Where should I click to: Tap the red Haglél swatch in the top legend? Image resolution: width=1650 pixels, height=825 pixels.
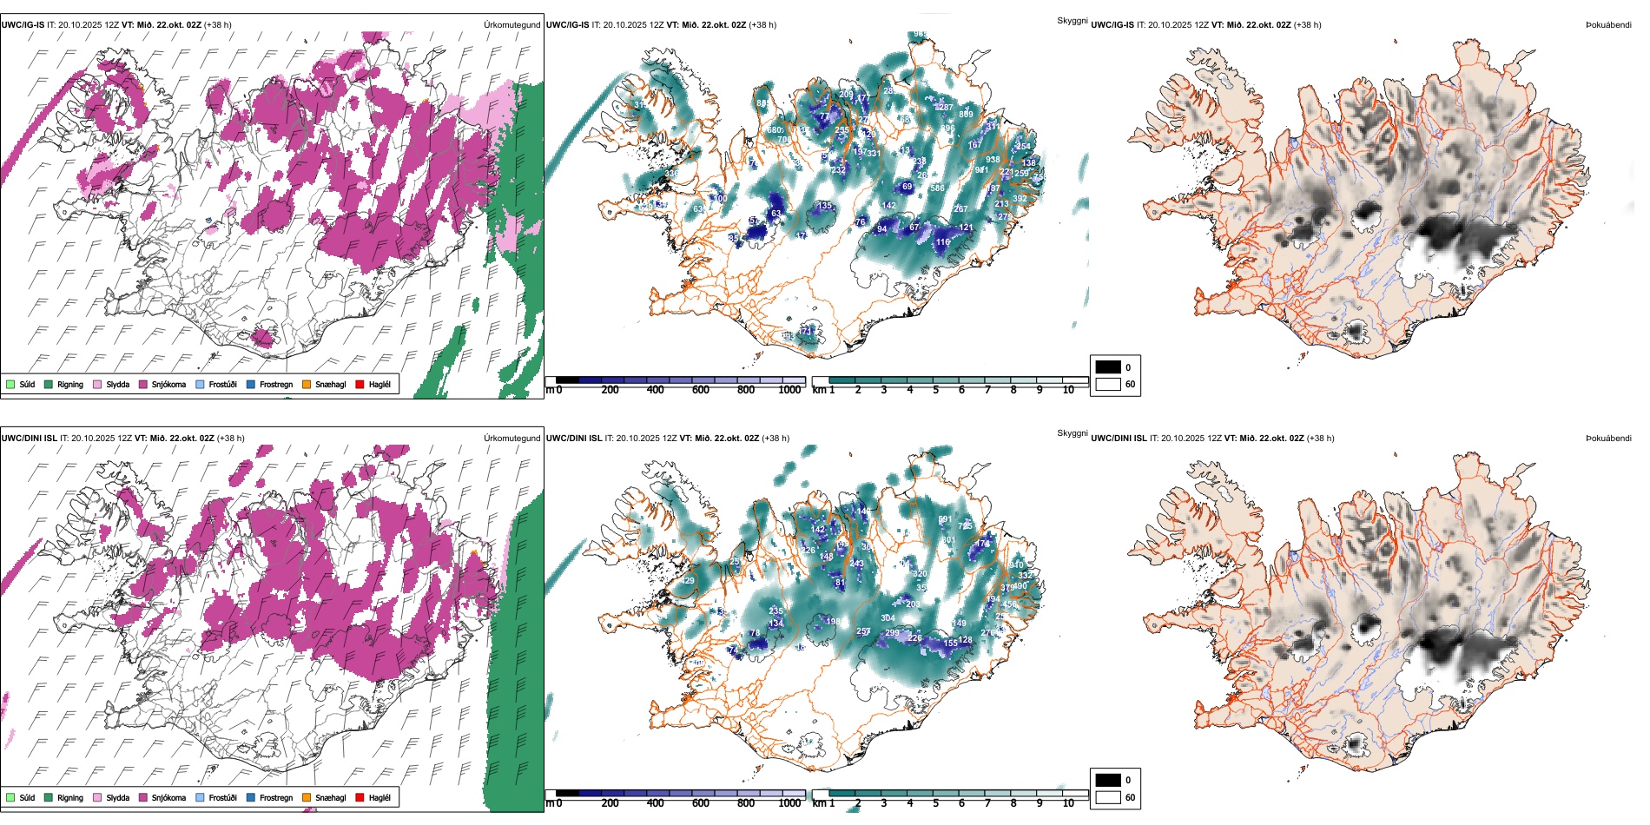(360, 384)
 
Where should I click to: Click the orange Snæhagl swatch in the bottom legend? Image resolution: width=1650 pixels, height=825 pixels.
(307, 797)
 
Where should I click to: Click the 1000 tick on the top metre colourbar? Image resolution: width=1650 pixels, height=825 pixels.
(789, 390)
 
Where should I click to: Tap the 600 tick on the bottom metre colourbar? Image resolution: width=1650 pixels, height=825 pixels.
(701, 803)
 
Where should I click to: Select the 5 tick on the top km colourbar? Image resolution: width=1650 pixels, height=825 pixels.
(936, 390)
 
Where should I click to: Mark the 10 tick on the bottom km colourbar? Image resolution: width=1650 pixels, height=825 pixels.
(1068, 803)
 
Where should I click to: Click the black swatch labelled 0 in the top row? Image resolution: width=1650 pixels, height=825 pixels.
(1108, 367)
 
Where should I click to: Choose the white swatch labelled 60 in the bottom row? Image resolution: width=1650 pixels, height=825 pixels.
(1108, 797)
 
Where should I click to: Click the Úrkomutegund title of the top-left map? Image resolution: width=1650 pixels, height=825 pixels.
(511, 25)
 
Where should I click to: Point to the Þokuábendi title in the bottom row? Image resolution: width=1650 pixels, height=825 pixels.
(1608, 439)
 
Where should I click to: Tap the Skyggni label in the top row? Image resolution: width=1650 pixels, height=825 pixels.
(1072, 20)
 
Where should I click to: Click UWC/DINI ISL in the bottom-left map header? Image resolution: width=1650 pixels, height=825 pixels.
(29, 439)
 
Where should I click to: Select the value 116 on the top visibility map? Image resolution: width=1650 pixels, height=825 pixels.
(943, 242)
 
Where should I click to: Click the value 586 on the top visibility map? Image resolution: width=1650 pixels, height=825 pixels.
(937, 188)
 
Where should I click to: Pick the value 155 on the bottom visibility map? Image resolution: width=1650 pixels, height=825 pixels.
(951, 643)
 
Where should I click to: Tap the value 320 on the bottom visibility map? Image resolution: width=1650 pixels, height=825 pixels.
(920, 574)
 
